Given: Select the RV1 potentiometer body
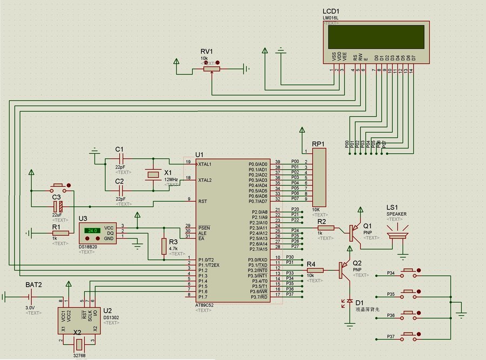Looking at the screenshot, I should [x=211, y=69].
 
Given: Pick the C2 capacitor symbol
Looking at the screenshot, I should [x=120, y=191].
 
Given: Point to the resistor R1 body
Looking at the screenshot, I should [x=60, y=233].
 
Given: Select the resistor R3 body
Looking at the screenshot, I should [x=164, y=247].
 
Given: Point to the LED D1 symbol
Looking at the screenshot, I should [x=349, y=301].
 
